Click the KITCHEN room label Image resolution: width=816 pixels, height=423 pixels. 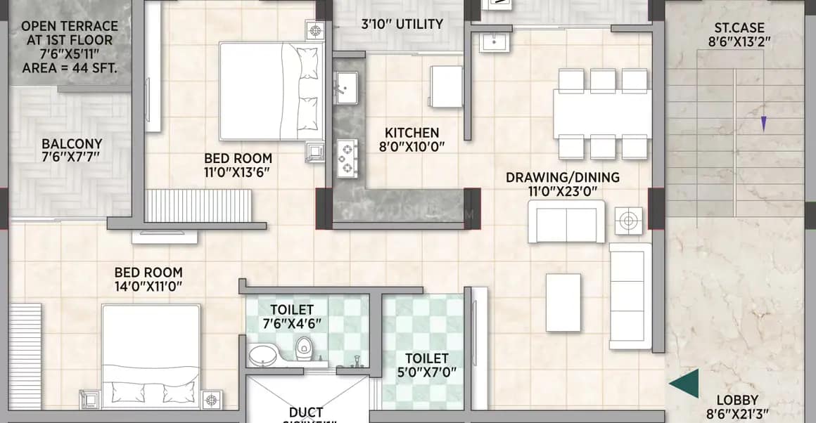(412, 133)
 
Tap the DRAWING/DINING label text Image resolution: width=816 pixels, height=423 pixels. (563, 177)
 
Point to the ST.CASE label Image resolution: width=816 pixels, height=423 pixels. (739, 28)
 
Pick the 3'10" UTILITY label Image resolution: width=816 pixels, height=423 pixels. (402, 24)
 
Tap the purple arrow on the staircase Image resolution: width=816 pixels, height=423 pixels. (763, 124)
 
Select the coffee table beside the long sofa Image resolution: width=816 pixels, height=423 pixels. (563, 303)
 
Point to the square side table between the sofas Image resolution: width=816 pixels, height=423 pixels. (627, 221)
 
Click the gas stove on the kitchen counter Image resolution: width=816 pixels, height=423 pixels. (346, 159)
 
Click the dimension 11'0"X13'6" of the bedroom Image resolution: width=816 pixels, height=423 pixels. (238, 172)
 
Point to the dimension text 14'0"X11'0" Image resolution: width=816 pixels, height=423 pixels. (148, 286)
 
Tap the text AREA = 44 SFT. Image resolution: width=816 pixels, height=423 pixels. (70, 68)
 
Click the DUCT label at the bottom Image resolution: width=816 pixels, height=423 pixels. (306, 412)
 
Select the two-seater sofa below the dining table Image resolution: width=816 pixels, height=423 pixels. (566, 222)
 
